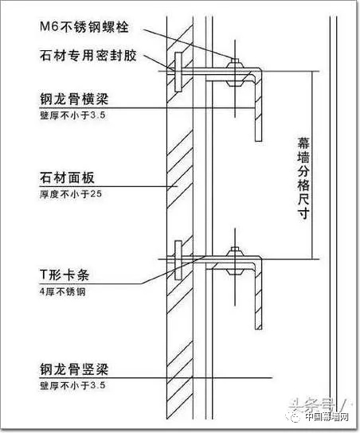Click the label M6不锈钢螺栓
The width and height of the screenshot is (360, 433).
[84, 27]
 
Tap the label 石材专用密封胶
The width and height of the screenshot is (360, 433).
[88, 56]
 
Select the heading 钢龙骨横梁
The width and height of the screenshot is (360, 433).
[74, 99]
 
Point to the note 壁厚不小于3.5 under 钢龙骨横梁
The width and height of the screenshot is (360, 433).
[72, 115]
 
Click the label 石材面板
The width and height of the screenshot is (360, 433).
[67, 177]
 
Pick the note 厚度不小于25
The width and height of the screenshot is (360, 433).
[71, 194]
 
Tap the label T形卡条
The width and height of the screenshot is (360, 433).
[65, 275]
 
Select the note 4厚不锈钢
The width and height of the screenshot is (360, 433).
[62, 291]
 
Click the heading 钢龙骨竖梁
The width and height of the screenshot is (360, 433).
[74, 369]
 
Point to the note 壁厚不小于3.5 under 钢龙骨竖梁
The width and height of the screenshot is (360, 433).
[72, 385]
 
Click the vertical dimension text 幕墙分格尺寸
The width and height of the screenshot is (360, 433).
[303, 178]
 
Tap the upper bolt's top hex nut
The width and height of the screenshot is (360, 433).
[235, 64]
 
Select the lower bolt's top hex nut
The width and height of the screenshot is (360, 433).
[235, 252]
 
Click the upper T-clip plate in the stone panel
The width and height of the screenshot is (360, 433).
[178, 72]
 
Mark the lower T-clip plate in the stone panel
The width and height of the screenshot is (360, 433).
[178, 259]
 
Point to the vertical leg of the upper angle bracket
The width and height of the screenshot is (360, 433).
[258, 107]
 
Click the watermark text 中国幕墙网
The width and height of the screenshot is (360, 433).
[327, 416]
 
